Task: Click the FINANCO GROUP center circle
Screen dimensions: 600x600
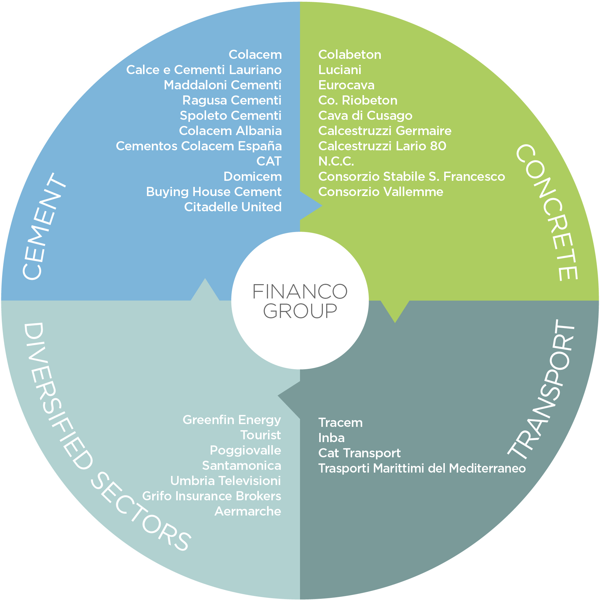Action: pyautogui.click(x=300, y=301)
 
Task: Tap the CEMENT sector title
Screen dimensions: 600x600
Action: pyautogui.click(x=44, y=227)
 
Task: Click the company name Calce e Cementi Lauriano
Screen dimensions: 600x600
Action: pyautogui.click(x=204, y=70)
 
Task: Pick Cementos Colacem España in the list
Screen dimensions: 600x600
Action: pyautogui.click(x=199, y=146)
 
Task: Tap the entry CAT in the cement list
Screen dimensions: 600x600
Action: pyautogui.click(x=269, y=161)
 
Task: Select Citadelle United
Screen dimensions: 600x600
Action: pyautogui.click(x=233, y=207)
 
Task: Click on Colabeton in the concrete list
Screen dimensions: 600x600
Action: pyautogui.click(x=350, y=55)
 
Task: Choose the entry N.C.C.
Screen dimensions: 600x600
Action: pyautogui.click(x=336, y=161)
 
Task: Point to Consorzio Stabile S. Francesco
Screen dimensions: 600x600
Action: pyautogui.click(x=412, y=177)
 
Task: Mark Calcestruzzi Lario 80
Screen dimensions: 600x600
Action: pyautogui.click(x=382, y=146)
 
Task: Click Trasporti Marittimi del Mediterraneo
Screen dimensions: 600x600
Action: pyautogui.click(x=422, y=468)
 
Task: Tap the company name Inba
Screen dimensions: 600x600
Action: pyautogui.click(x=331, y=438)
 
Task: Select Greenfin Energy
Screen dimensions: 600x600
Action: pyautogui.click(x=232, y=420)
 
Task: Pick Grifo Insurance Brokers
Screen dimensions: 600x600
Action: pyautogui.click(x=212, y=496)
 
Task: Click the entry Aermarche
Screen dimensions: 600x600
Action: pyautogui.click(x=248, y=511)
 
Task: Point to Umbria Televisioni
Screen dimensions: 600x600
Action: pyautogui.click(x=226, y=481)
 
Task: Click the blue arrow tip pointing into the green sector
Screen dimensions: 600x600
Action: pyautogui.click(x=322, y=205)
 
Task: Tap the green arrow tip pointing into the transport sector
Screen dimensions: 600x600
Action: pyautogui.click(x=395, y=323)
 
